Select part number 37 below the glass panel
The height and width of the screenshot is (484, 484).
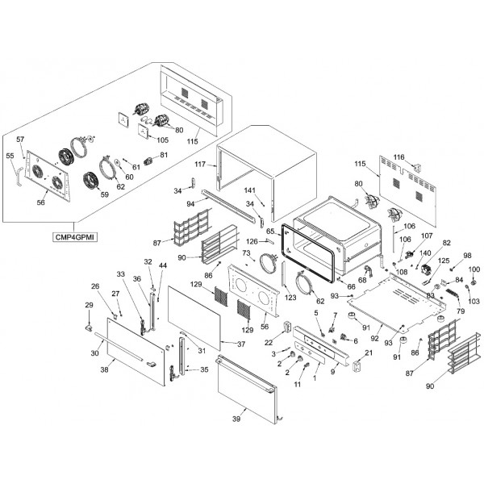[x=241, y=344]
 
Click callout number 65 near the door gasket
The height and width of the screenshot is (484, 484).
[x=270, y=232]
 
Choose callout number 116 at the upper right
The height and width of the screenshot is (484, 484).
[x=398, y=157]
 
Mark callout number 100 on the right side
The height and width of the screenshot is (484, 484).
[x=474, y=269]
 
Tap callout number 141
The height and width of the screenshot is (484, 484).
[x=251, y=190]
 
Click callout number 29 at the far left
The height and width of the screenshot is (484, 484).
[x=89, y=304]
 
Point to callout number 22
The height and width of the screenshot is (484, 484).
[x=268, y=342]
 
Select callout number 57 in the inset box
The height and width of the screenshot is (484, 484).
[x=21, y=140]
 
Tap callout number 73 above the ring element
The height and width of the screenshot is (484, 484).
[x=247, y=252]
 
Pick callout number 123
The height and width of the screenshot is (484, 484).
[x=290, y=298]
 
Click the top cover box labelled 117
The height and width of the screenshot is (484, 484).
[x=266, y=165]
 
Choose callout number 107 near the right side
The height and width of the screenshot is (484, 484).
[x=426, y=236]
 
